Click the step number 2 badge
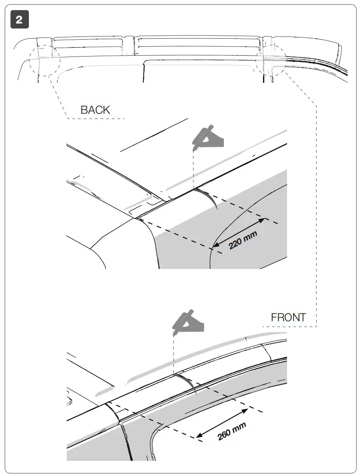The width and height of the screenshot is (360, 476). pyautogui.click(x=20, y=20)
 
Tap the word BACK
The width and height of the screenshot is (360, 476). pyautogui.click(x=95, y=110)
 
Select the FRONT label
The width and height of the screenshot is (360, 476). pyautogui.click(x=288, y=317)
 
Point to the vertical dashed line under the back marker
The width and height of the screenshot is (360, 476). pyautogui.click(x=194, y=169)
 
